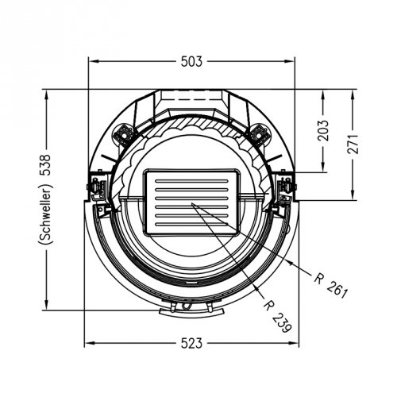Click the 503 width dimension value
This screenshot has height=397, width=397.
pyautogui.click(x=191, y=61)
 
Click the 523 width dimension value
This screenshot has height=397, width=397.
pyautogui.click(x=191, y=343)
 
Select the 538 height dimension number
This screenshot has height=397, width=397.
pyautogui.click(x=44, y=165)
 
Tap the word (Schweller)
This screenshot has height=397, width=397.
pyautogui.click(x=45, y=214)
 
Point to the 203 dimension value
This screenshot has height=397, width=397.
pyautogui.click(x=323, y=130)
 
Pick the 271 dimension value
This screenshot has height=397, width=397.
pyautogui.click(x=353, y=145)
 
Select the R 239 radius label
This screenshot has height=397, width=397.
pyautogui.click(x=278, y=317)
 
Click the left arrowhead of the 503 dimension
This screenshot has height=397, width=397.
pyautogui.click(x=94, y=61)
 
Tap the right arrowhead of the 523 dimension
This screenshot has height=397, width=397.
pyautogui.click(x=294, y=343)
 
